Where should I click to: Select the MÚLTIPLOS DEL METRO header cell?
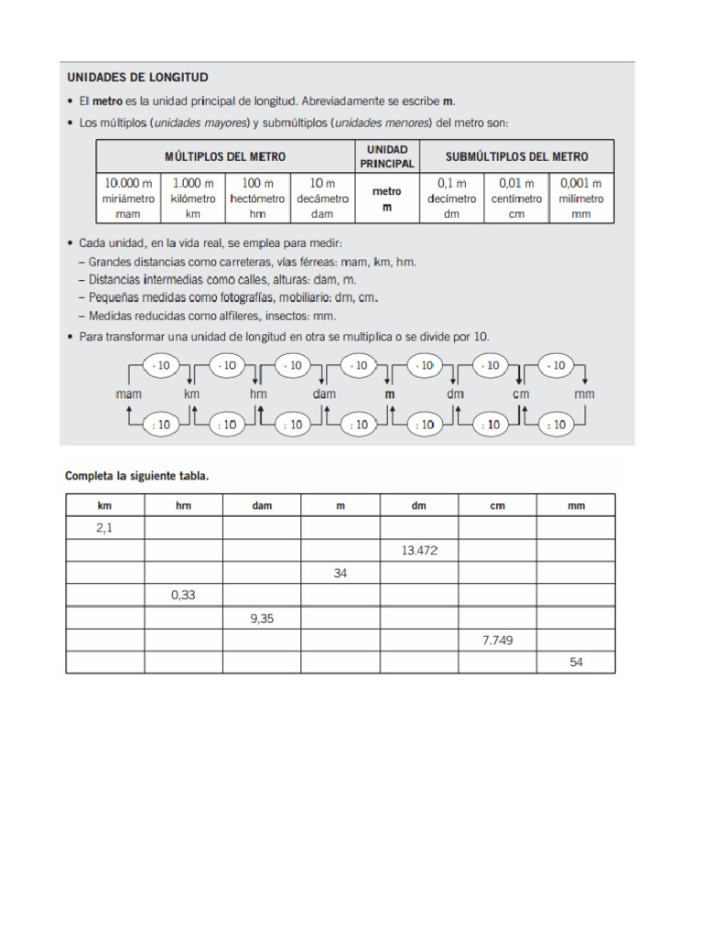pyautogui.click(x=225, y=156)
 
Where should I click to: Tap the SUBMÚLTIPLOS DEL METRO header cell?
pyautogui.click(x=517, y=156)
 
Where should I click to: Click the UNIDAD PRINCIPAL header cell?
pyautogui.click(x=387, y=156)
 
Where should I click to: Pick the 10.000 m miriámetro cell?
pyautogui.click(x=129, y=198)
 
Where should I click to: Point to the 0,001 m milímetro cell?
pyautogui.click(x=581, y=198)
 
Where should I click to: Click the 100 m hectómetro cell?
pyautogui.click(x=258, y=198)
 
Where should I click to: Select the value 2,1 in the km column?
pyautogui.click(x=104, y=528)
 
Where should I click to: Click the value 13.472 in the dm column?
pyautogui.click(x=419, y=550)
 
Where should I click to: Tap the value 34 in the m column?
pyautogui.click(x=341, y=573)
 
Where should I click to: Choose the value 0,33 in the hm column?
pyautogui.click(x=183, y=595)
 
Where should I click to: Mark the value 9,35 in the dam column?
pyautogui.click(x=262, y=618)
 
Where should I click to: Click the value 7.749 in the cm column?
pyautogui.click(x=498, y=641)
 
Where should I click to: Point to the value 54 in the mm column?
pyautogui.click(x=576, y=662)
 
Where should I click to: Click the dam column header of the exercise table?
pyautogui.click(x=262, y=505)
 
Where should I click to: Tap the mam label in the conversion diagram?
pyautogui.click(x=129, y=394)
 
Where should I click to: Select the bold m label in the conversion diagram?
pyautogui.click(x=390, y=394)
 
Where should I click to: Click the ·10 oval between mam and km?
pyautogui.click(x=161, y=366)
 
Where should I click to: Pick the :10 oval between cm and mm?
pyautogui.click(x=554, y=425)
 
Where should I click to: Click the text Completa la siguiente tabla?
pyautogui.click(x=136, y=477)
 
